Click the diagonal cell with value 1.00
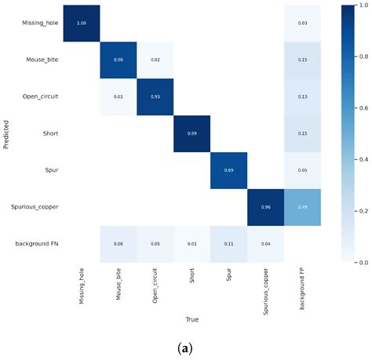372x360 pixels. click(81, 23)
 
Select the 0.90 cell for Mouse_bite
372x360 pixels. click(118, 60)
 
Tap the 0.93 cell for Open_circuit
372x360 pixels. click(155, 96)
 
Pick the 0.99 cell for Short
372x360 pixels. click(191, 133)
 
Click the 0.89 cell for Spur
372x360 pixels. click(228, 170)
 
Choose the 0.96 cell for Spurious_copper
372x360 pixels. click(265, 207)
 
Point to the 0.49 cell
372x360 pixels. click(302, 207)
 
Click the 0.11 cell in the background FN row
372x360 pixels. click(228, 244)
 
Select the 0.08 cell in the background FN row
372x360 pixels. click(118, 244)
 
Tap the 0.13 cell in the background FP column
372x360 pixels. click(302, 96)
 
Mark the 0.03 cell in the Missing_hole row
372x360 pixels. click(302, 23)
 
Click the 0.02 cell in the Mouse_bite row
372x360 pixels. click(155, 60)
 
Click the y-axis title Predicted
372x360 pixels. click(6, 133)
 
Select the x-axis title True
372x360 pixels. click(191, 320)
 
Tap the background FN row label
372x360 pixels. click(38, 244)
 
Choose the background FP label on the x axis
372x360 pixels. click(302, 285)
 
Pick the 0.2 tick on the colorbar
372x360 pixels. click(360, 211)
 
